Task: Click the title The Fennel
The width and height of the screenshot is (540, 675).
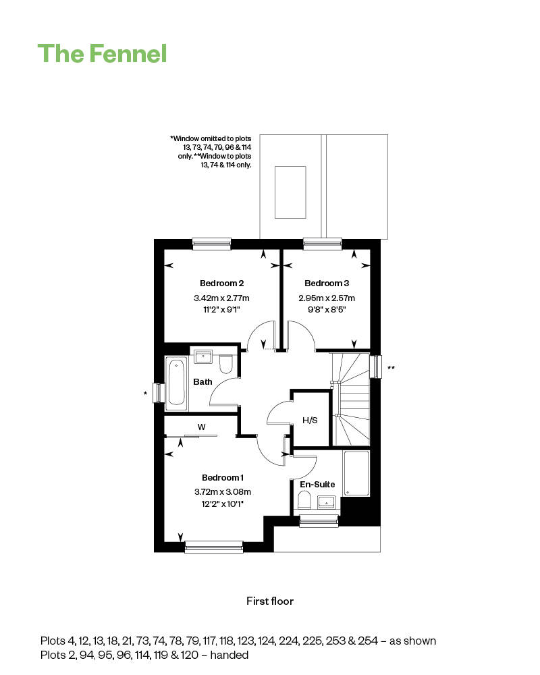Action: tap(102, 54)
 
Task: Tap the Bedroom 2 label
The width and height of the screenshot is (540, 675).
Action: tap(222, 283)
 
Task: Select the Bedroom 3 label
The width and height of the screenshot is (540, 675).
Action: tap(327, 283)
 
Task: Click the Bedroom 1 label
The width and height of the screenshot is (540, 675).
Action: tap(223, 477)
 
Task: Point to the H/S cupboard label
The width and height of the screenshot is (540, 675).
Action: tap(310, 420)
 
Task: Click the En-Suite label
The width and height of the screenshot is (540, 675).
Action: tap(317, 484)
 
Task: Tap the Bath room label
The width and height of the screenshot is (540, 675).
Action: tap(202, 382)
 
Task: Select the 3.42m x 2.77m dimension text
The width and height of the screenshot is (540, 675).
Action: tap(222, 298)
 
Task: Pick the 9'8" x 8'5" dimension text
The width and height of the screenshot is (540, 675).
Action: tap(327, 310)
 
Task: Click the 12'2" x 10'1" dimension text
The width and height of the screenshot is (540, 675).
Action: tap(223, 504)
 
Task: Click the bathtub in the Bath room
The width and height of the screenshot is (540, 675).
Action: tap(176, 383)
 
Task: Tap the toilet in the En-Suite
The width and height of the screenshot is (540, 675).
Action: tap(304, 501)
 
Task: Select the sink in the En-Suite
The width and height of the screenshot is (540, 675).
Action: tap(327, 502)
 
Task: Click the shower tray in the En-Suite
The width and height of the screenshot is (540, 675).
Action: tap(356, 473)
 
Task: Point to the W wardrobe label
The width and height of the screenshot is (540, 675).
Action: tap(202, 427)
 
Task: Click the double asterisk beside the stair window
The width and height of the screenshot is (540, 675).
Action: tap(391, 368)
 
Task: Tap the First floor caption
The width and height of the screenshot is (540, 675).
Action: tap(270, 601)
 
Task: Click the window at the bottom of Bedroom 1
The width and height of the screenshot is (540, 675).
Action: tap(214, 547)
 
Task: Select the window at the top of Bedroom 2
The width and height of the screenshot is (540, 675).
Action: tap(211, 244)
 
